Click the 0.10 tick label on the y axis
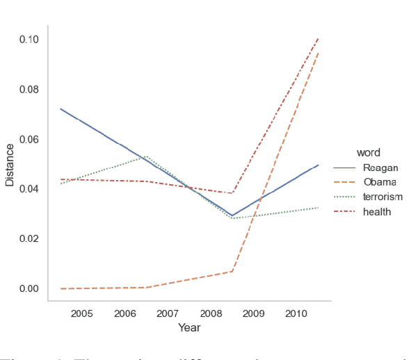tap(29, 40)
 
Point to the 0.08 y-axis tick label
tap(29, 90)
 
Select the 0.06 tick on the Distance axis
tap(29, 139)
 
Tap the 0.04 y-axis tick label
tap(29, 189)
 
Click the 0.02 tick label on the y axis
tap(29, 238)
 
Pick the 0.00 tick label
tap(29, 288)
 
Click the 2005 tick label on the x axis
tap(81, 313)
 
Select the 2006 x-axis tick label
tap(125, 313)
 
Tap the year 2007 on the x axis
tap(168, 313)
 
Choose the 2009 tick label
tap(253, 313)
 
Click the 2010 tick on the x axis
tap(296, 313)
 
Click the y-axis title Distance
tap(10, 165)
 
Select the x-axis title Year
tap(189, 327)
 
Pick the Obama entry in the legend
tap(379, 182)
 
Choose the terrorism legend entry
tap(383, 197)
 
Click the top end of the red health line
tap(318, 39)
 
